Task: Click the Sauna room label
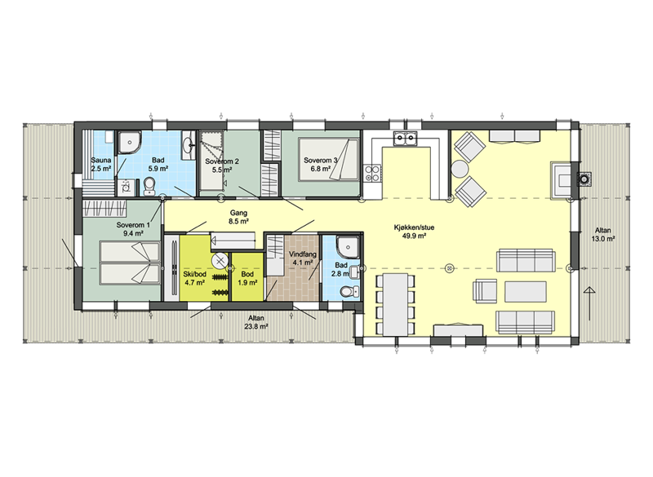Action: pyautogui.click(x=100, y=160)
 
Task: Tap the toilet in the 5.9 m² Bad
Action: pyautogui.click(x=149, y=186)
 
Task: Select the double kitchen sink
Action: pyautogui.click(x=405, y=138)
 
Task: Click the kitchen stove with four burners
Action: pyautogui.click(x=372, y=174)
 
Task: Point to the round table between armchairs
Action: pyautogui.click(x=460, y=169)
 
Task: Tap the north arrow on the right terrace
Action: pyautogui.click(x=589, y=303)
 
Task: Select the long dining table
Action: pyautogui.click(x=395, y=304)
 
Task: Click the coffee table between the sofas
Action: pyautogui.click(x=526, y=292)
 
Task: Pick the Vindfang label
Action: pyautogui.click(x=302, y=254)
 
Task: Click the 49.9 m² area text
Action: pyautogui.click(x=414, y=236)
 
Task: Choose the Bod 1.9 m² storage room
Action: pyautogui.click(x=247, y=276)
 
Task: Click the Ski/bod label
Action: pyautogui.click(x=194, y=275)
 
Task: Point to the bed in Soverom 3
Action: pyautogui.click(x=328, y=160)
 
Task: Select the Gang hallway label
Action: pyautogui.click(x=238, y=214)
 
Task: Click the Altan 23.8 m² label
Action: pyautogui.click(x=255, y=322)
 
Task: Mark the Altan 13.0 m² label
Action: pyautogui.click(x=603, y=235)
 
